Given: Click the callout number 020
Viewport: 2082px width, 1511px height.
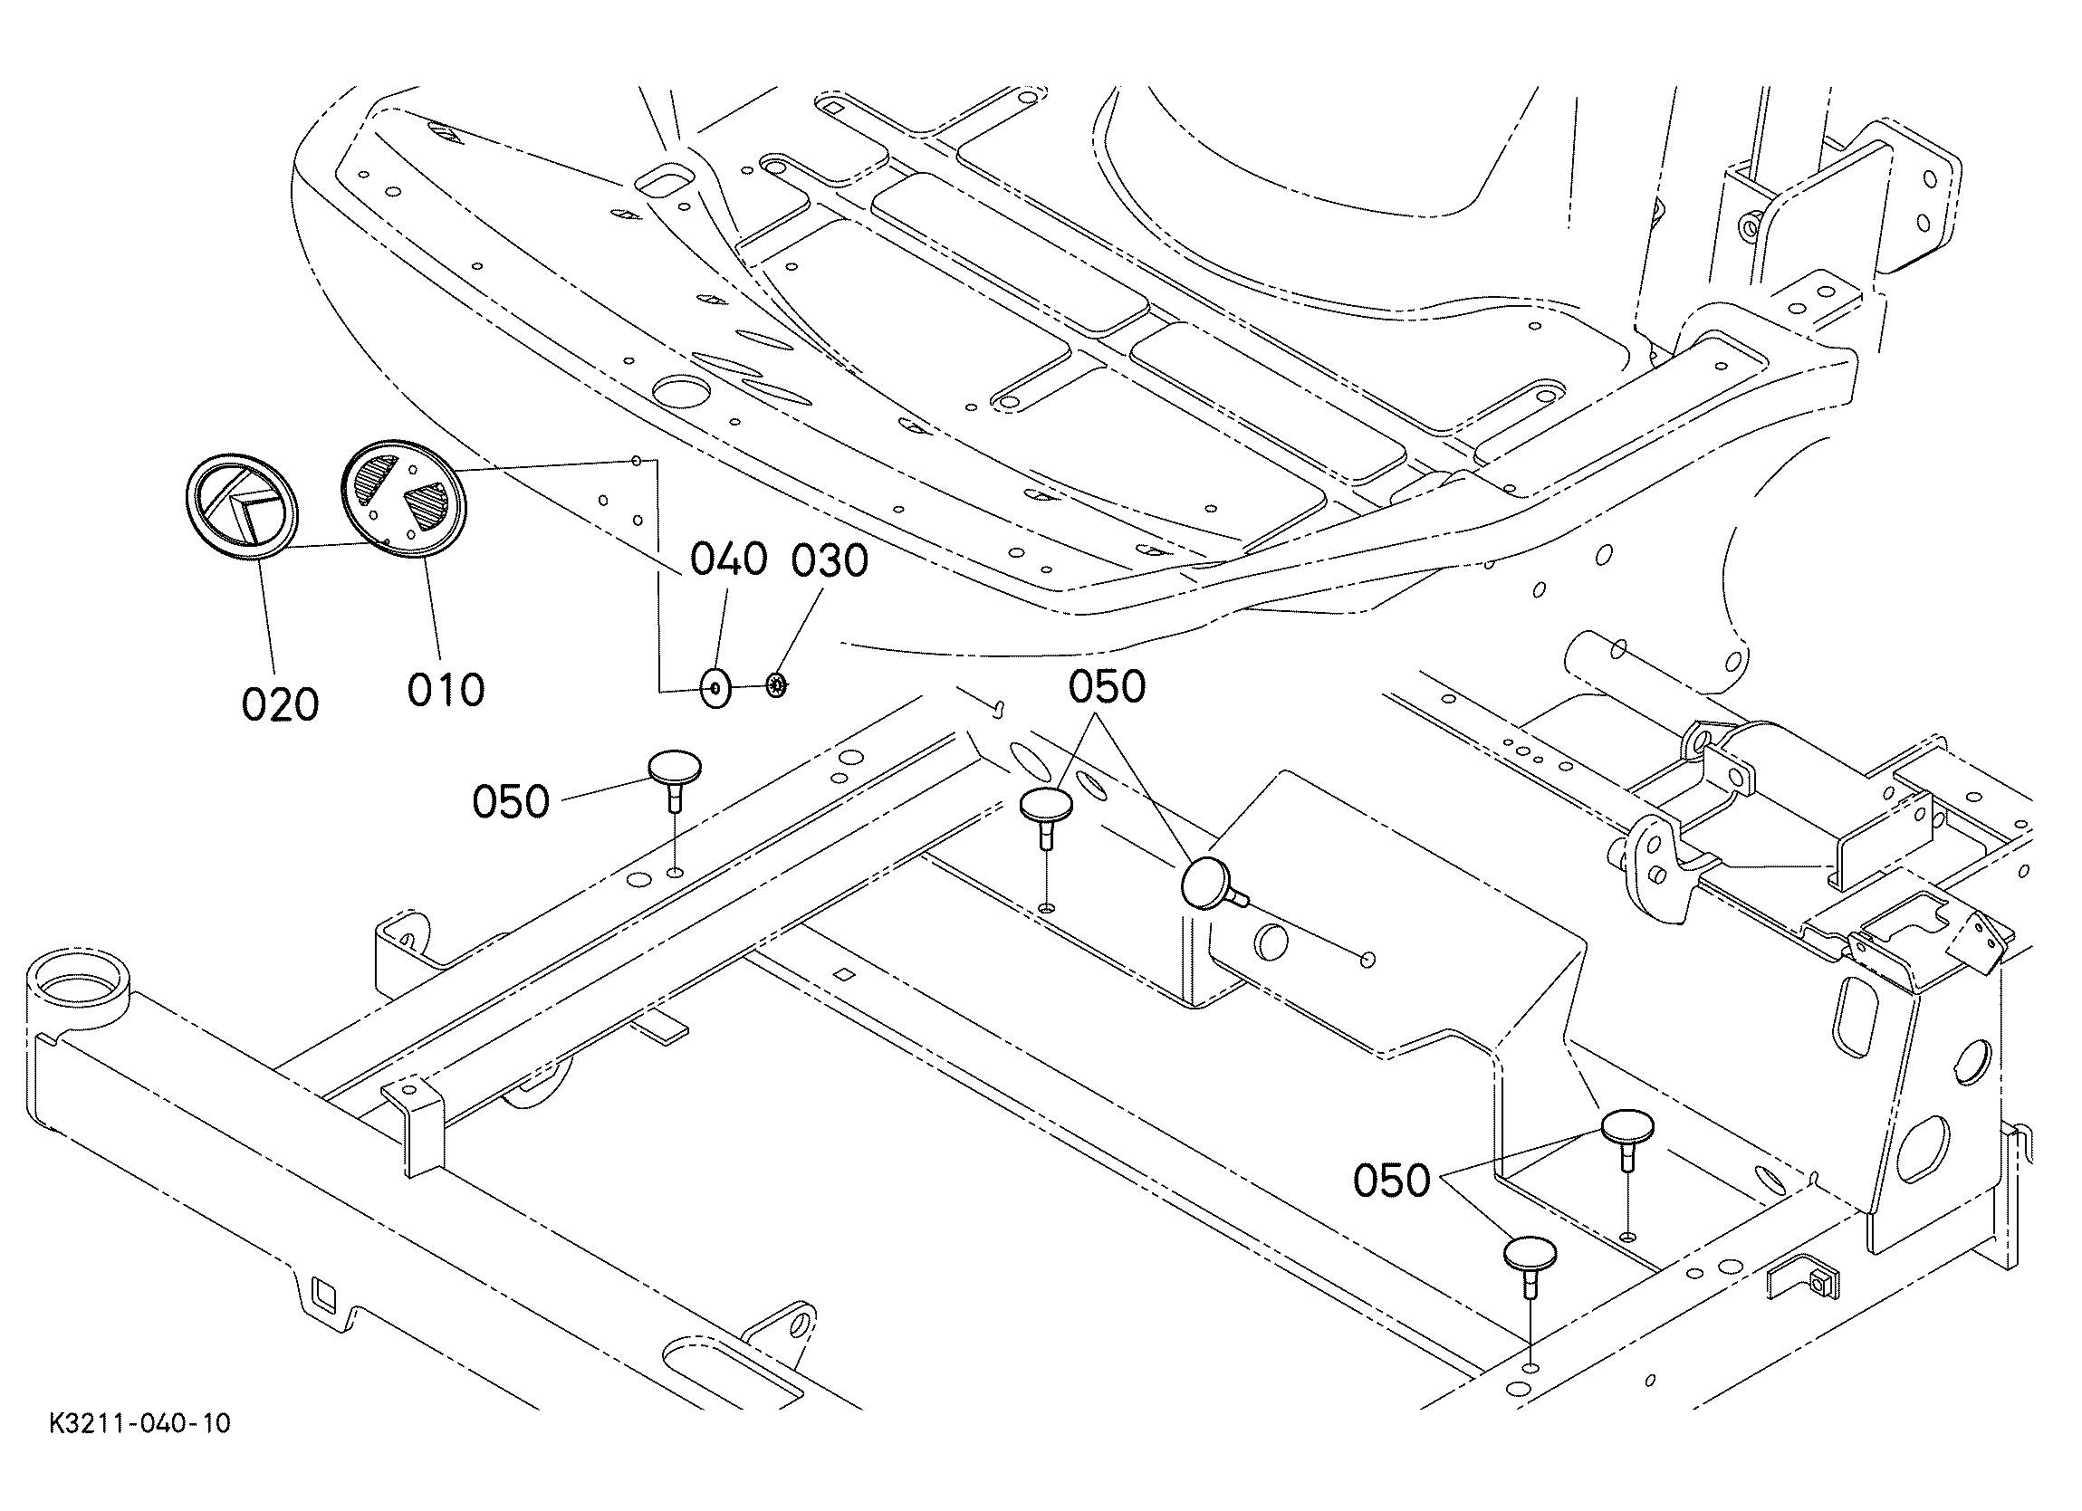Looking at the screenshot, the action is pos(280,705).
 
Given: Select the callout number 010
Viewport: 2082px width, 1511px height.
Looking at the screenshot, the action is pos(446,689).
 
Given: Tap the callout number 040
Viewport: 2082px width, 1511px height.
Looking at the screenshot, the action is pos(728,559).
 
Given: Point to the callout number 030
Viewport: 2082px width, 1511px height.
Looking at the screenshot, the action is pos(830,561).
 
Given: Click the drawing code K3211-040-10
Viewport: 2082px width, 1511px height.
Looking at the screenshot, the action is pos(140,1424).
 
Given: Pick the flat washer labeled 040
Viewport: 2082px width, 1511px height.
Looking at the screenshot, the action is pos(715,687).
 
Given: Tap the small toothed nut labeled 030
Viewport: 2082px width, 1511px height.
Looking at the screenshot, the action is pos(777,684).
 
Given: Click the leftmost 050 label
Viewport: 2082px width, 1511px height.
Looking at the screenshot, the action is pos(511,801).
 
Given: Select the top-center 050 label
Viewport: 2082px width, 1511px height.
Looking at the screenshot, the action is pos(1107,686).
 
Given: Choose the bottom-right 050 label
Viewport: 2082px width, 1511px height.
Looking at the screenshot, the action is pos(1392,1181).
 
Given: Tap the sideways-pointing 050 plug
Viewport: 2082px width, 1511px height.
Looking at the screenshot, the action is pos(1209,884).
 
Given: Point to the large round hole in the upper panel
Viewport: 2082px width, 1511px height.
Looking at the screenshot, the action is pos(681,392).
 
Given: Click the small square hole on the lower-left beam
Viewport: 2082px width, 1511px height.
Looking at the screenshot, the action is pos(323,1293).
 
